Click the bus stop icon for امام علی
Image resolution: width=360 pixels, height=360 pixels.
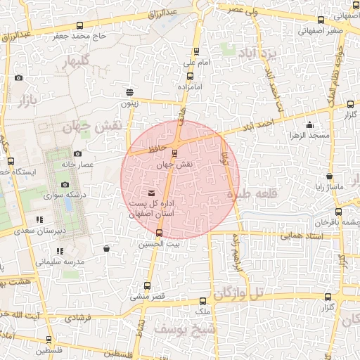(195, 51)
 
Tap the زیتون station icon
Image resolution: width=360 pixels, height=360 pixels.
(129, 92)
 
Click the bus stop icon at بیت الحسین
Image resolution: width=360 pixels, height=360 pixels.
(159, 233)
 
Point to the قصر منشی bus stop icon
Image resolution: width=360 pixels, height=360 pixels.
(147, 285)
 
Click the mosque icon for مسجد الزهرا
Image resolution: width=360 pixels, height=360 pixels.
(309, 125)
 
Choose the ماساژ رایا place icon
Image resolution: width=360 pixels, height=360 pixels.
(329, 176)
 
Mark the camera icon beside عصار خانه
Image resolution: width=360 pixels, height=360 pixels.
(77, 154)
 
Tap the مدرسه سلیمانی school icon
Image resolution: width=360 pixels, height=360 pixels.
(60, 251)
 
